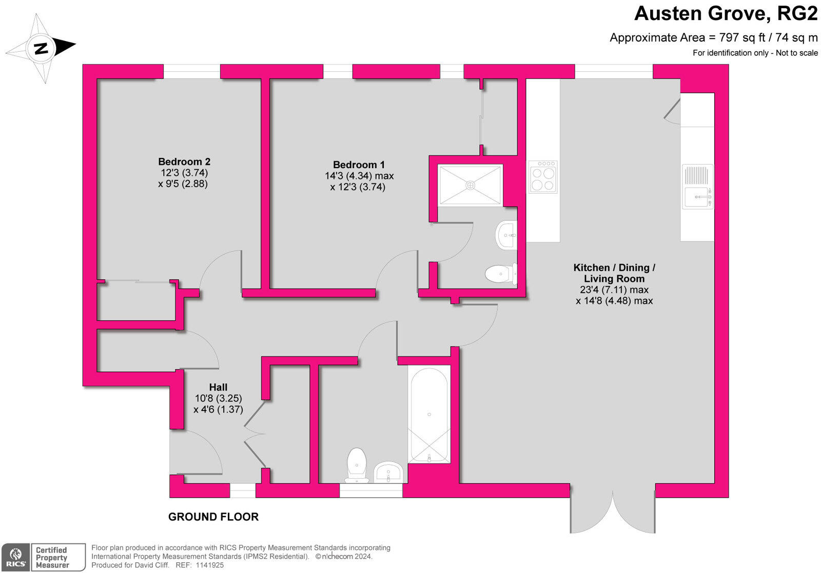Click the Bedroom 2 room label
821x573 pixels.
[184, 161]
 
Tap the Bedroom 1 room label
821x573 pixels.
[359, 165]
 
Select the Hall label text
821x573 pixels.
[218, 387]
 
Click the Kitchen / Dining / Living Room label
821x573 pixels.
[614, 273]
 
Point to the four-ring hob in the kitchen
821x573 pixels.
[543, 177]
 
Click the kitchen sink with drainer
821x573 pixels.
[697, 186]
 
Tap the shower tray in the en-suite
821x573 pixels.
[470, 185]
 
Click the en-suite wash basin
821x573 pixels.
[507, 236]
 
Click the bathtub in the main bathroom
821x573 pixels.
[429, 414]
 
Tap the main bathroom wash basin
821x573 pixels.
[388, 472]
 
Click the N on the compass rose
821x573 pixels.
[41, 49]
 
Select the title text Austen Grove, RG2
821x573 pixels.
[726, 13]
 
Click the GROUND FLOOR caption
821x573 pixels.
[213, 517]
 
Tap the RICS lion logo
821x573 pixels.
[15, 557]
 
